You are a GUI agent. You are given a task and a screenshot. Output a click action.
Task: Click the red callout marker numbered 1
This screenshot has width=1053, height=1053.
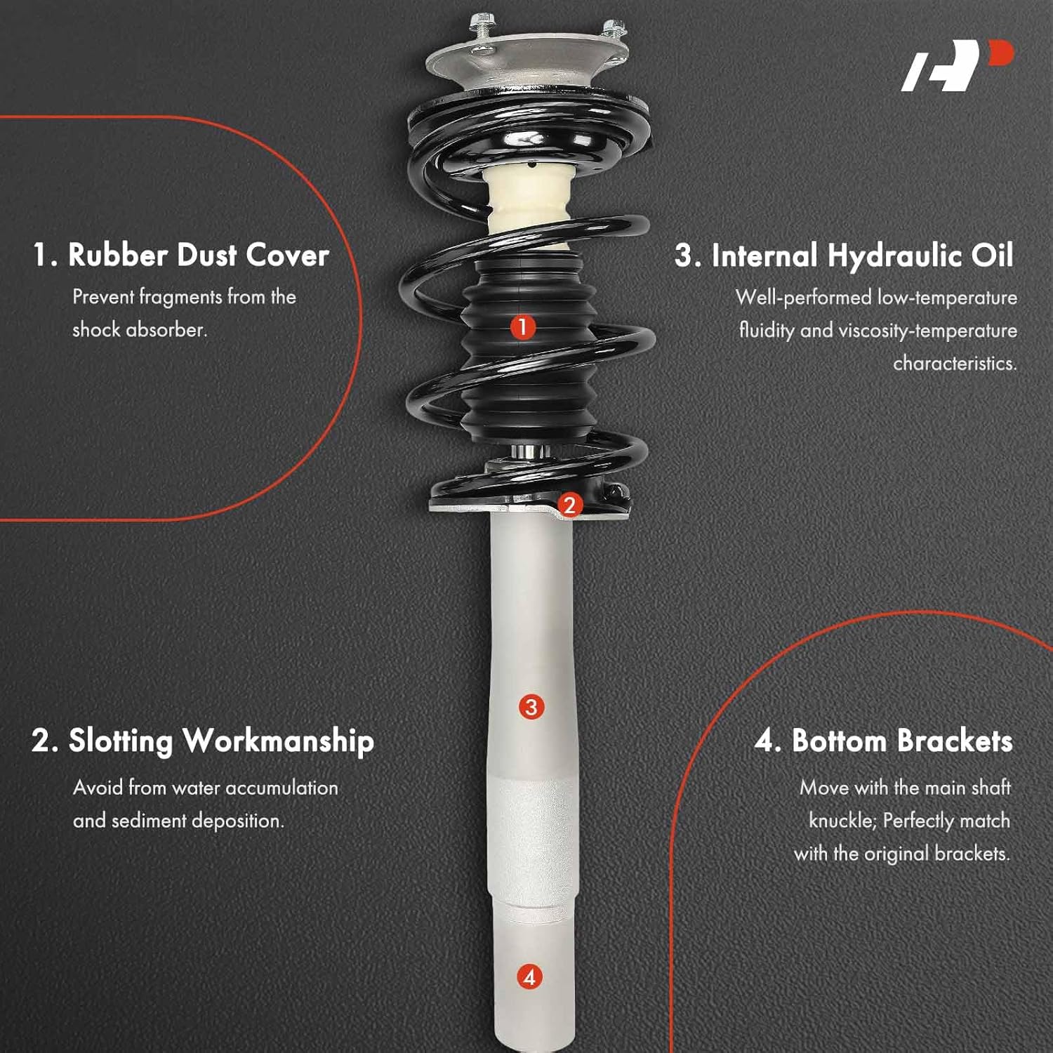(522, 326)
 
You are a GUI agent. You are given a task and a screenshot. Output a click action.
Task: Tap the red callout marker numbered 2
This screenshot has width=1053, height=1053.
(569, 504)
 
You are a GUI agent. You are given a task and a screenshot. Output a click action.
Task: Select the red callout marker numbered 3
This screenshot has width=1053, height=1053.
(531, 707)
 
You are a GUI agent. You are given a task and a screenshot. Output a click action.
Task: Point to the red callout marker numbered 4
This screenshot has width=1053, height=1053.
(530, 976)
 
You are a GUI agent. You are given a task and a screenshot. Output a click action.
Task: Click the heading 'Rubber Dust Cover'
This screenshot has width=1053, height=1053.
(198, 255)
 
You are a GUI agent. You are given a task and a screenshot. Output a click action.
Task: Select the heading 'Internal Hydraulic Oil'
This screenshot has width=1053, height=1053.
(862, 256)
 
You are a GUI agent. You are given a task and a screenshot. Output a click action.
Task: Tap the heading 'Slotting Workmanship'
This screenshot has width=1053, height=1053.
(220, 741)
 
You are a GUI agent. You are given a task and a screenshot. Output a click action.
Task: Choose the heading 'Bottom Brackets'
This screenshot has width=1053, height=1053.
(901, 741)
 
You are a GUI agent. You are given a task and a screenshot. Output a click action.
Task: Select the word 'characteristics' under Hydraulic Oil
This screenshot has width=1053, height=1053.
(954, 363)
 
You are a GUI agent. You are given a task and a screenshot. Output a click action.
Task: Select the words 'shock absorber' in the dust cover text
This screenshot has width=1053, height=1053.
(139, 330)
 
